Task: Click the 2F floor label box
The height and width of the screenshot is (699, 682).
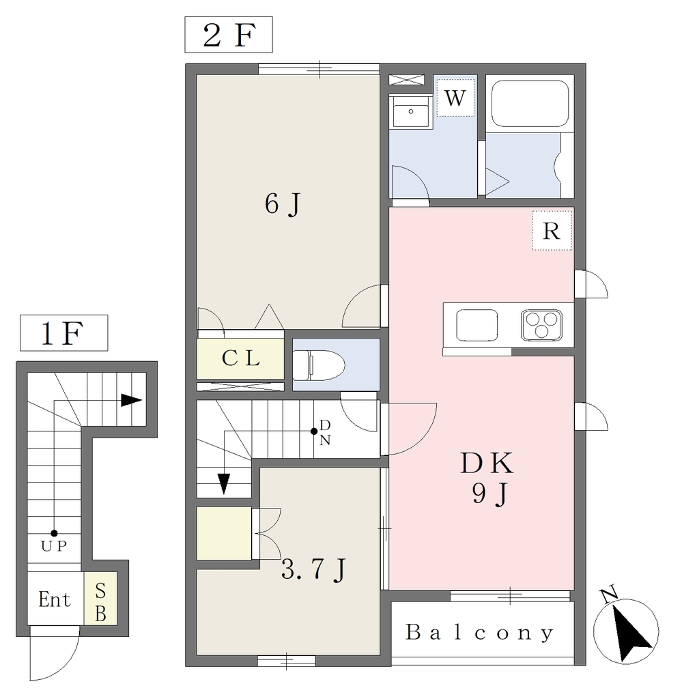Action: click(229, 35)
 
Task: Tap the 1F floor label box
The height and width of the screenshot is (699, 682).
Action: click(63, 333)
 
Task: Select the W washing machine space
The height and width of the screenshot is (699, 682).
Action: click(455, 98)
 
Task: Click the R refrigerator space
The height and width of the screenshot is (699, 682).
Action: click(552, 231)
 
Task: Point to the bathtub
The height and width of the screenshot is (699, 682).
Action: click(530, 104)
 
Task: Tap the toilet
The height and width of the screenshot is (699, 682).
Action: click(319, 365)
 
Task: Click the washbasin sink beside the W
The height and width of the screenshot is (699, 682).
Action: click(410, 111)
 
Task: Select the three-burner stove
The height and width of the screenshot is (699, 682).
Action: click(541, 325)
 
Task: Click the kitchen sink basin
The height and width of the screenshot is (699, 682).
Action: click(477, 325)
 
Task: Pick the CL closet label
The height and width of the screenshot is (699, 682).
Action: click(241, 358)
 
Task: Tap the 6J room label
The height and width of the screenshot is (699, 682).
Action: click(283, 204)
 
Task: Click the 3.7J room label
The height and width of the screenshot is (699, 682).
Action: click(313, 569)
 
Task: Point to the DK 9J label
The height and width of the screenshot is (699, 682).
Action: click(487, 478)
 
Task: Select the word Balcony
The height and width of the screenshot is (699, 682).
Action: click(480, 633)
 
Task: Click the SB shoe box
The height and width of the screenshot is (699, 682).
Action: click(100, 598)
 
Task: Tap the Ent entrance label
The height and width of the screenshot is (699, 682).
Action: click(55, 599)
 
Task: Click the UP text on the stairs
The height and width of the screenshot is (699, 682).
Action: click(54, 546)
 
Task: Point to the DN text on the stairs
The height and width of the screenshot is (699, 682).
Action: click(325, 432)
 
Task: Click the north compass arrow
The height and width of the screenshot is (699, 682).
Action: click(629, 633)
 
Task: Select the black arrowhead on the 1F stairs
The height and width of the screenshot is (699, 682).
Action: click(132, 400)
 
